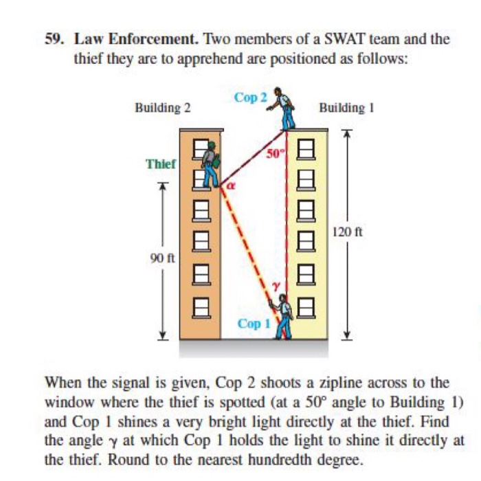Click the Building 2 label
(162, 107)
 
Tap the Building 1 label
(342, 107)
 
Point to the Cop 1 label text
(254, 323)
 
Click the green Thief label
(161, 164)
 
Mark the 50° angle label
(273, 154)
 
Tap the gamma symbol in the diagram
(276, 284)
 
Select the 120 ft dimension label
(346, 232)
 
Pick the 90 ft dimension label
(163, 259)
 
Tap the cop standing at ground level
(284, 319)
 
